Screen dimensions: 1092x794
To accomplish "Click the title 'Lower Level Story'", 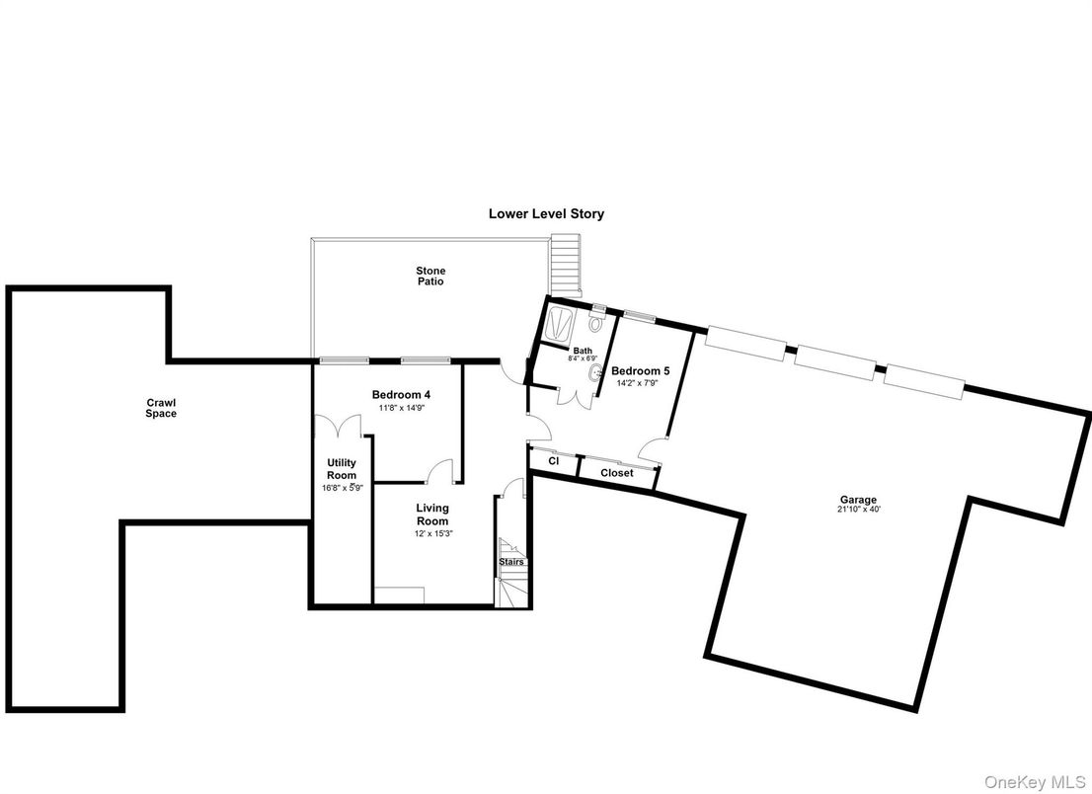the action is click(x=546, y=214).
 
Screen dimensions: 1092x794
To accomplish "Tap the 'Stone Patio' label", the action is click(x=430, y=276).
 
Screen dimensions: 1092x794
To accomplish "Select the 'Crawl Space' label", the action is click(x=161, y=408).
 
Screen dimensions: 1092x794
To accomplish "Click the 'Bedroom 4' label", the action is click(x=401, y=395).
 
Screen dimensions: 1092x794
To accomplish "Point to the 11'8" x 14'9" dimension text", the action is click(x=401, y=408).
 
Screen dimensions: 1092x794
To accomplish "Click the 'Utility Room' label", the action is click(x=342, y=469).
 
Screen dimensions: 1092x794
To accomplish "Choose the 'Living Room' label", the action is click(x=432, y=514).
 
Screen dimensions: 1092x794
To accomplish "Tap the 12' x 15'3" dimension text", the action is click(x=432, y=533).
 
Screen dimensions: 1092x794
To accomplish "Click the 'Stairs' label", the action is click(x=511, y=561).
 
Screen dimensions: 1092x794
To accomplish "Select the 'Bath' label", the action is click(x=583, y=351).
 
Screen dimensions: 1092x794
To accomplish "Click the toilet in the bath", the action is click(x=596, y=322).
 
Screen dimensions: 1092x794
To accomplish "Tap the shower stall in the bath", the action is click(x=559, y=324).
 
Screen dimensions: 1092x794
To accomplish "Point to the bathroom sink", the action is click(x=595, y=373).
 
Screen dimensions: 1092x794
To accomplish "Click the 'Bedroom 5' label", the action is click(x=640, y=371).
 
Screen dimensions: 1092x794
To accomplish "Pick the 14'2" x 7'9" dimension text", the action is click(x=637, y=382).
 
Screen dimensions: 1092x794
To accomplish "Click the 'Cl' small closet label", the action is click(x=554, y=461).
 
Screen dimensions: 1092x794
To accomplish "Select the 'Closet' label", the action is click(x=617, y=473).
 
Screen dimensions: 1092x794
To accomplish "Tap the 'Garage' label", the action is click(x=858, y=500).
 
